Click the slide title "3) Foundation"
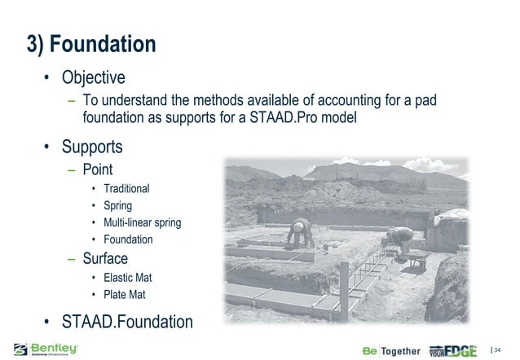click(x=90, y=44)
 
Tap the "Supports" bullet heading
click(x=95, y=147)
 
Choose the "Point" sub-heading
click(x=98, y=169)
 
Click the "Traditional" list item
click(x=126, y=188)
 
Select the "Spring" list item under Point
click(x=117, y=205)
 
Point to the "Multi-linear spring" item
click(x=142, y=222)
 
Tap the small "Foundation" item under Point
click(x=128, y=239)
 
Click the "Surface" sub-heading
click(x=105, y=259)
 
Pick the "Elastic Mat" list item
click(x=127, y=278)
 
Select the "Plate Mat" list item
click(x=124, y=294)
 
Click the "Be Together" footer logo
click(x=391, y=351)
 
